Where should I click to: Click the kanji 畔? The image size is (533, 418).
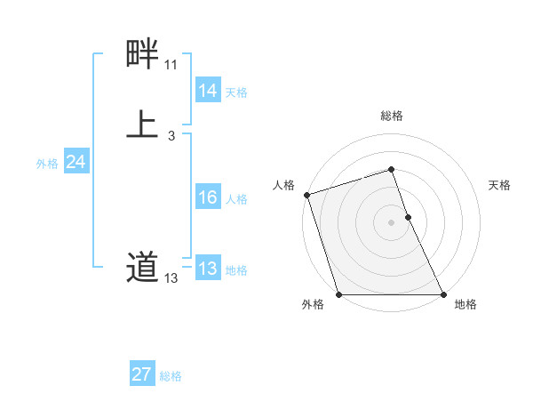click(142, 55)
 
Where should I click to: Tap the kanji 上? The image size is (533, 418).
click(142, 125)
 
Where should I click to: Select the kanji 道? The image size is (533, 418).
click(142, 267)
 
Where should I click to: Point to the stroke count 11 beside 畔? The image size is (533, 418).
click(171, 65)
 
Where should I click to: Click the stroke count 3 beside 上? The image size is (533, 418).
click(171, 135)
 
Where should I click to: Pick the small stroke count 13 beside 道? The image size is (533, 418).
click(171, 278)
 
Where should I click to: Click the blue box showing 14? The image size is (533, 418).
click(207, 91)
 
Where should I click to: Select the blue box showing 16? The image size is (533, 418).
click(207, 197)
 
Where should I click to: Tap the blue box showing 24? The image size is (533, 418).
click(76, 162)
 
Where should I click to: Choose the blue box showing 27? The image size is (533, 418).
click(141, 374)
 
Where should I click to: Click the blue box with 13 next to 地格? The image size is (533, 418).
click(207, 269)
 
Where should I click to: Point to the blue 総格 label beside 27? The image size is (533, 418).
click(171, 376)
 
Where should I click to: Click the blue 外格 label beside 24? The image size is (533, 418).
click(47, 164)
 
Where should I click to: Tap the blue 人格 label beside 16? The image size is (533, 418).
click(236, 199)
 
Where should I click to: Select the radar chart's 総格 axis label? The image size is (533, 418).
click(392, 116)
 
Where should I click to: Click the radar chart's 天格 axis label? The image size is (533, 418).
click(500, 185)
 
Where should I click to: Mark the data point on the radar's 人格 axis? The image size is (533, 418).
click(306, 195)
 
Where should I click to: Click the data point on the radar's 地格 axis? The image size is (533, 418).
click(443, 294)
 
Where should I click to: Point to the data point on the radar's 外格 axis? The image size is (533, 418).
click(338, 294)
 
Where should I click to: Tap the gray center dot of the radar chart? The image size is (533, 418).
click(392, 222)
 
